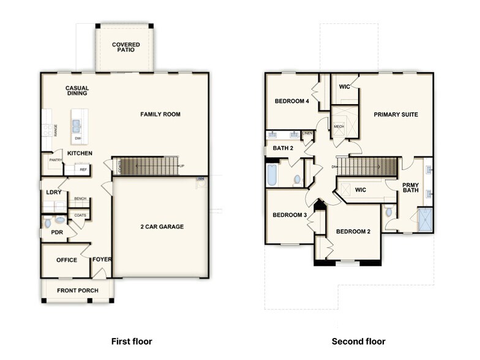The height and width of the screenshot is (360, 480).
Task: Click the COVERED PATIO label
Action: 126,48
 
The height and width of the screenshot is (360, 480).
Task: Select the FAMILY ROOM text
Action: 160,114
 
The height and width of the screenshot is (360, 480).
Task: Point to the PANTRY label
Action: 56,160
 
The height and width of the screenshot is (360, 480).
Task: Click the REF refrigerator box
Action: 83,170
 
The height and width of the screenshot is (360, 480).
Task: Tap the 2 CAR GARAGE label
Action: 162,227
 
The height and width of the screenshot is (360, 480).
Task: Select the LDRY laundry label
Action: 53,192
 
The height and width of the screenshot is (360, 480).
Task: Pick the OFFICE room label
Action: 67,260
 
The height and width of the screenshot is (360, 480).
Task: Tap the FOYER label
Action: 102,260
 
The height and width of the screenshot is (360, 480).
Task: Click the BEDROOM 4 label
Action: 291,102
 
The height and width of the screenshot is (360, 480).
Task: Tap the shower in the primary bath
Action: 424,219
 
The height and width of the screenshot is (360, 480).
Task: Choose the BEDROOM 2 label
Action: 353,231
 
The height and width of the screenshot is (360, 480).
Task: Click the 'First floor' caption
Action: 131,341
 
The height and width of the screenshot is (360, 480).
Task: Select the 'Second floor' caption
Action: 358,341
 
